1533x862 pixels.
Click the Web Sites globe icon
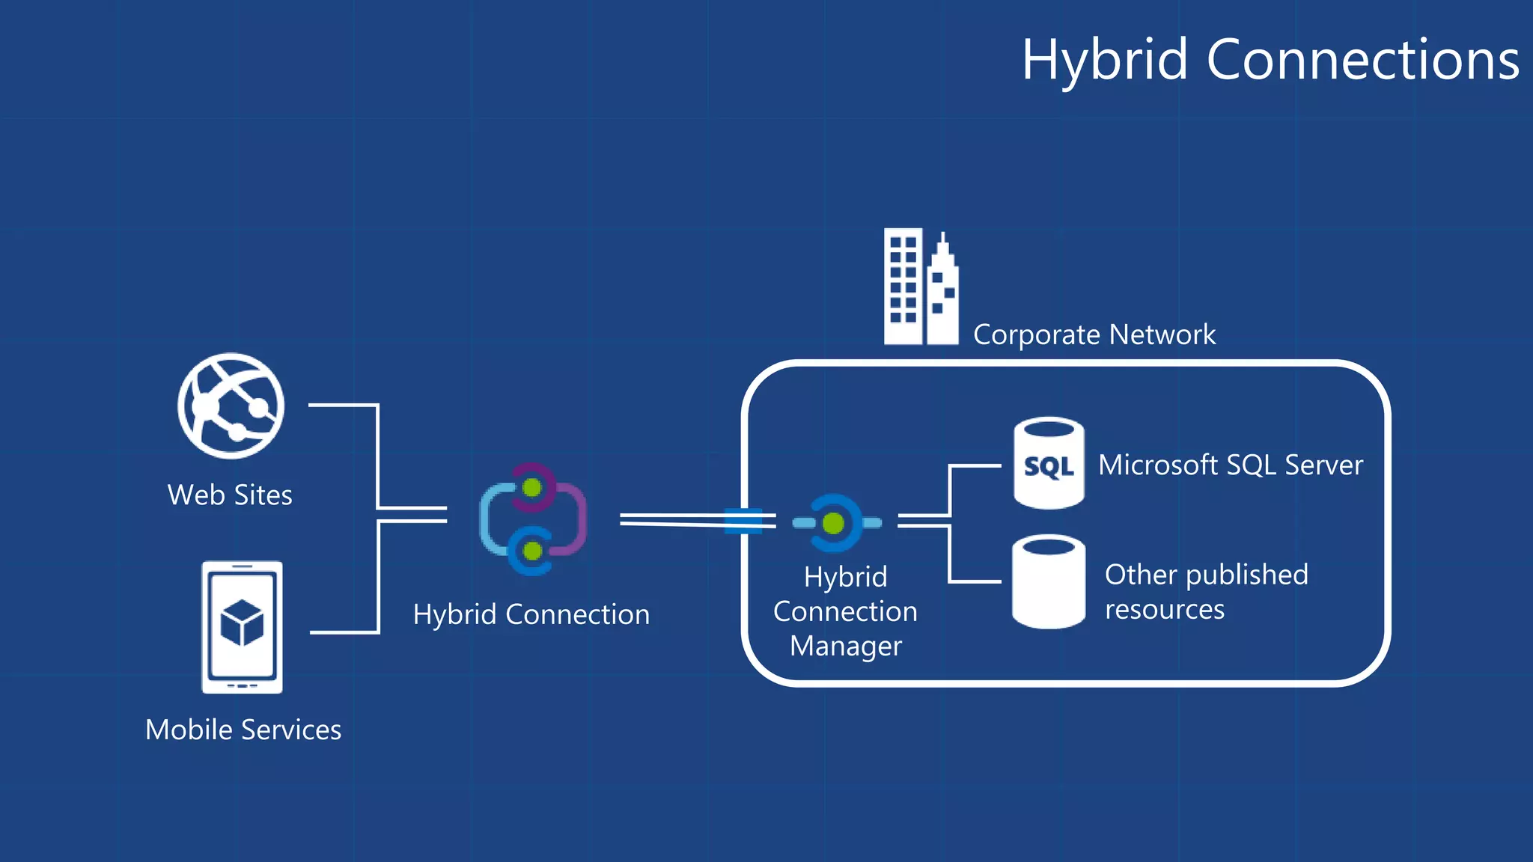pyautogui.click(x=231, y=406)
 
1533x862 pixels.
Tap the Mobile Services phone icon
pyautogui.click(x=242, y=627)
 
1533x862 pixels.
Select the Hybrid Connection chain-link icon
pyautogui.click(x=533, y=519)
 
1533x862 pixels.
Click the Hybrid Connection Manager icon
pyautogui.click(x=836, y=523)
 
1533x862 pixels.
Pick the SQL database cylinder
pyautogui.click(x=1049, y=463)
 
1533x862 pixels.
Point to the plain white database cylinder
pyautogui.click(x=1048, y=581)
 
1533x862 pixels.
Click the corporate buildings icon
pyautogui.click(x=920, y=287)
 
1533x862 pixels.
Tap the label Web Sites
pyautogui.click(x=230, y=495)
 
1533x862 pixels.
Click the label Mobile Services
pyautogui.click(x=243, y=730)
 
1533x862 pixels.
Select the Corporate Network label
pyautogui.click(x=1094, y=334)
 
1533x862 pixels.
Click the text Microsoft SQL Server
pyautogui.click(x=1230, y=465)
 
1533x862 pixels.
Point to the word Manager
pyautogui.click(x=846, y=646)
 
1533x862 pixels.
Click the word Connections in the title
pyautogui.click(x=1362, y=60)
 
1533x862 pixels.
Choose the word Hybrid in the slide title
pyautogui.click(x=1105, y=60)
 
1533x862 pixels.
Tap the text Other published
pyautogui.click(x=1206, y=575)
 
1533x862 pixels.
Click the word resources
pyautogui.click(x=1165, y=610)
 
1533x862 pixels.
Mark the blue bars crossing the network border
pyautogui.click(x=743, y=520)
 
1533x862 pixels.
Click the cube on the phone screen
pyautogui.click(x=242, y=623)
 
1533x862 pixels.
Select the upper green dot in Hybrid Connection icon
pyautogui.click(x=532, y=488)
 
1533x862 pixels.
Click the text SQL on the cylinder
pyautogui.click(x=1048, y=467)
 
